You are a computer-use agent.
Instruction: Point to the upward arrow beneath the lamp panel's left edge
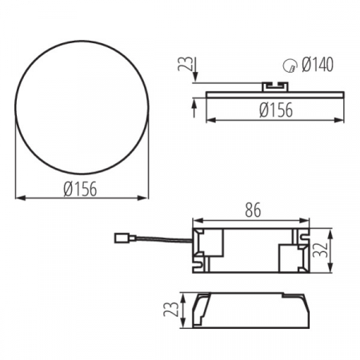click(194, 104)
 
